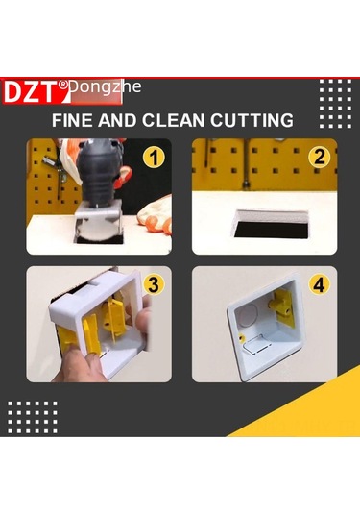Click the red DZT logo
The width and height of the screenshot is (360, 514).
[35, 91]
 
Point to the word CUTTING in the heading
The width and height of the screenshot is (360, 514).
[253, 121]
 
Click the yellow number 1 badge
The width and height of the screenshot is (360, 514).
[151, 158]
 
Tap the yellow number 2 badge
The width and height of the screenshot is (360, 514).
[318, 158]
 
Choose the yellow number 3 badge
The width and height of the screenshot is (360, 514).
[153, 285]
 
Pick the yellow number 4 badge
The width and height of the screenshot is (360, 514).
[318, 285]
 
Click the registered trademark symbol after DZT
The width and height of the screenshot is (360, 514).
[63, 85]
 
